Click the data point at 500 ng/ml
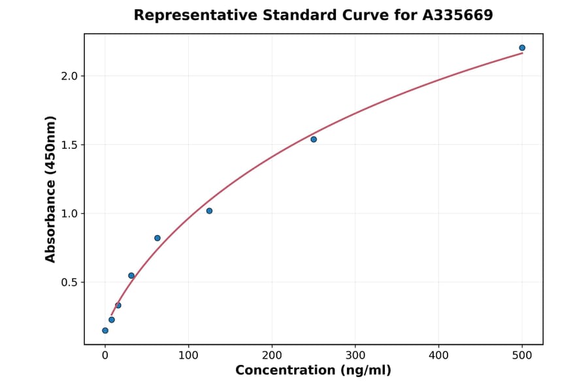[522, 48]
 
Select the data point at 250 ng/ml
[314, 139]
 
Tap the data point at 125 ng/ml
[209, 211]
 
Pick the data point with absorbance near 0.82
[157, 238]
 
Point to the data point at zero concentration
[105, 331]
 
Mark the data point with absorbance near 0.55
[131, 276]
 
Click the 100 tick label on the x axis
[188, 355]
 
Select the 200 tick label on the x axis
[272, 355]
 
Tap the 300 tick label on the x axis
[355, 355]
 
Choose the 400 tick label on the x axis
[438, 355]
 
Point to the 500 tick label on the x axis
[522, 355]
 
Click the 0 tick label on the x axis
[105, 355]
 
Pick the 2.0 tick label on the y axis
[69, 76]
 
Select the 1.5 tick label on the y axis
[69, 144]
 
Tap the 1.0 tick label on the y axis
[69, 214]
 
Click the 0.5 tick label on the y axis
[69, 282]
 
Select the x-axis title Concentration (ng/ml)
[313, 371]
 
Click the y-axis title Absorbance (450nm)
[50, 189]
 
